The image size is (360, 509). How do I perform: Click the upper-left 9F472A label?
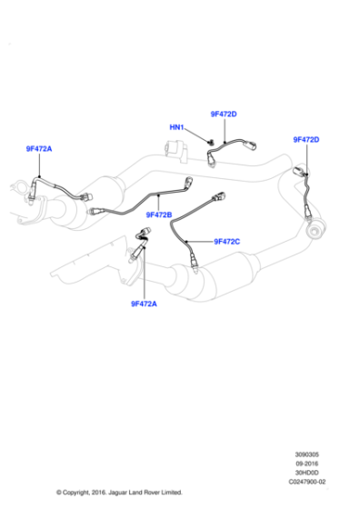pyautogui.click(x=38, y=148)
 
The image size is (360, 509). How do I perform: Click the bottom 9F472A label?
pyautogui.click(x=143, y=304)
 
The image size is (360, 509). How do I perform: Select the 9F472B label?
pyautogui.click(x=157, y=215)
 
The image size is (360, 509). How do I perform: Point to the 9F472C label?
pyautogui.click(x=226, y=241)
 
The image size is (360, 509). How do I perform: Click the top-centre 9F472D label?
pyautogui.click(x=224, y=115)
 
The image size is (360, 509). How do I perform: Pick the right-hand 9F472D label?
pyautogui.click(x=306, y=139)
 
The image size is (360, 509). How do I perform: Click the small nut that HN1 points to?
pyautogui.click(x=210, y=142)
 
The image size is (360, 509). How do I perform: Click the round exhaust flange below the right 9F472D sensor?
pyautogui.click(x=315, y=235)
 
